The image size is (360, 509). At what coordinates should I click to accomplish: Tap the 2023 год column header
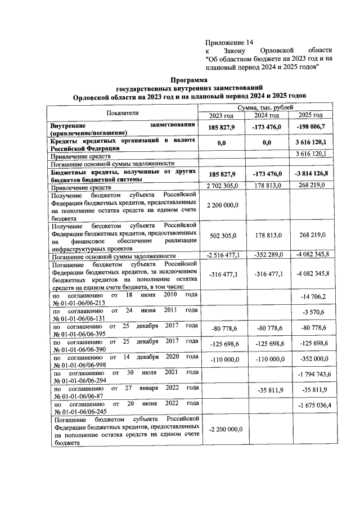coord(223,115)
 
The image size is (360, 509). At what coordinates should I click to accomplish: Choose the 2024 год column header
coord(267,115)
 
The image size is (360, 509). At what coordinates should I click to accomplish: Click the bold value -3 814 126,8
coord(312,174)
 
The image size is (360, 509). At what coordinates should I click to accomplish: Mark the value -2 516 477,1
coord(223,255)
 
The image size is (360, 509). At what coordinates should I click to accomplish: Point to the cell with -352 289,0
coord(267,255)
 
